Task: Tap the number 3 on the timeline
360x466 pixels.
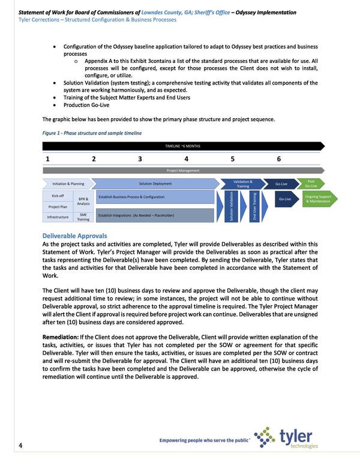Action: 140,159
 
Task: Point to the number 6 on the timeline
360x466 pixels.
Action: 279,159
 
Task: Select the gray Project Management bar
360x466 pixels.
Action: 183,170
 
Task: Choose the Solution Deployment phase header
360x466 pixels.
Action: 155,184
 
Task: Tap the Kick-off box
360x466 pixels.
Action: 58,196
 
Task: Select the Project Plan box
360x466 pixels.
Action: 58,206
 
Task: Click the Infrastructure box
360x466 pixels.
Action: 58,217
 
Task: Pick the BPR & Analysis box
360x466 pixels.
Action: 83,201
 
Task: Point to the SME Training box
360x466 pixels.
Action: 83,217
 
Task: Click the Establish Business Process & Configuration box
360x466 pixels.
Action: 154,197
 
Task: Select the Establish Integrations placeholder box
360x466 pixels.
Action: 154,215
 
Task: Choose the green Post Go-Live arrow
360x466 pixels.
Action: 311,184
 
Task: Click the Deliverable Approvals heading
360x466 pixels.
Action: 74,236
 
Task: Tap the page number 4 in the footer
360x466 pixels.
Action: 20,444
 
